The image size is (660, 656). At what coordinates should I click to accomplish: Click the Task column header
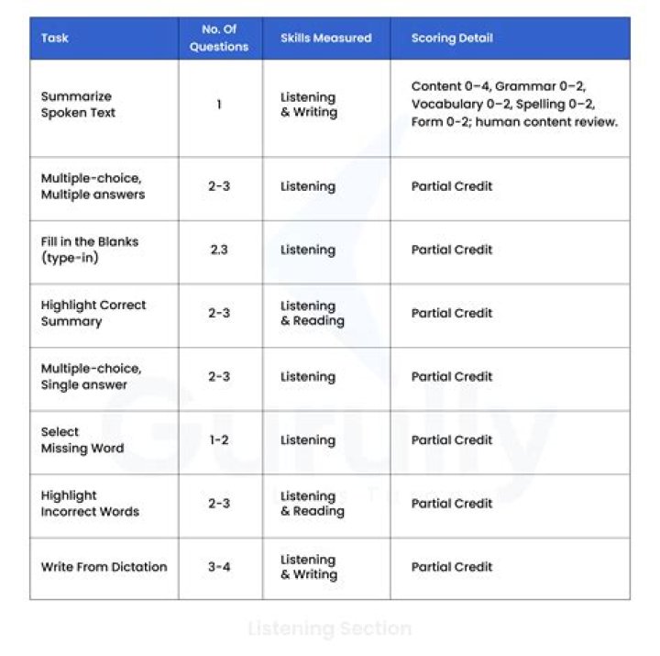[55, 39]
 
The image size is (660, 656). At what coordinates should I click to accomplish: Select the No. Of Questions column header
[219, 39]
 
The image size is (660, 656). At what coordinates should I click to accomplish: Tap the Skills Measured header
[325, 39]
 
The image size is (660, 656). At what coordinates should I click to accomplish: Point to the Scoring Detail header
[452, 39]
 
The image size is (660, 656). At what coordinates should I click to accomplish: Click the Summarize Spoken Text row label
[78, 105]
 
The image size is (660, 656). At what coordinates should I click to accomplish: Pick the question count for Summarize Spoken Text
[219, 105]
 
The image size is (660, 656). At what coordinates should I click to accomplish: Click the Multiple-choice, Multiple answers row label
[93, 186]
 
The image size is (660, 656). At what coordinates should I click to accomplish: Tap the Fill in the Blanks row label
[90, 250]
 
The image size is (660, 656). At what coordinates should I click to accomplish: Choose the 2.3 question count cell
[219, 250]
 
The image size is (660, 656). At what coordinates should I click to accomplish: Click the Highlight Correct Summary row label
[93, 313]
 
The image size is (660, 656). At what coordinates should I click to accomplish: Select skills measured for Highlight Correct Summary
[313, 313]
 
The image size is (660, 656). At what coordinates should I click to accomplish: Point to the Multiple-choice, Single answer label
[91, 376]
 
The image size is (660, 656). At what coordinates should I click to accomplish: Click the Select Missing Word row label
[82, 439]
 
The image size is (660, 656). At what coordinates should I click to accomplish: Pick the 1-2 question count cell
[219, 439]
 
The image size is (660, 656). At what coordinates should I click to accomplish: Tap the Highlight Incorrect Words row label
[90, 503]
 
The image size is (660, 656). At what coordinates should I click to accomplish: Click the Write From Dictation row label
[104, 567]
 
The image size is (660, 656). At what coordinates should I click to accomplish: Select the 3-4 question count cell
[219, 567]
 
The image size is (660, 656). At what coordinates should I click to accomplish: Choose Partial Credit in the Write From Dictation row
[452, 567]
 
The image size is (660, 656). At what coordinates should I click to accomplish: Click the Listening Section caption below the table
[330, 628]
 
